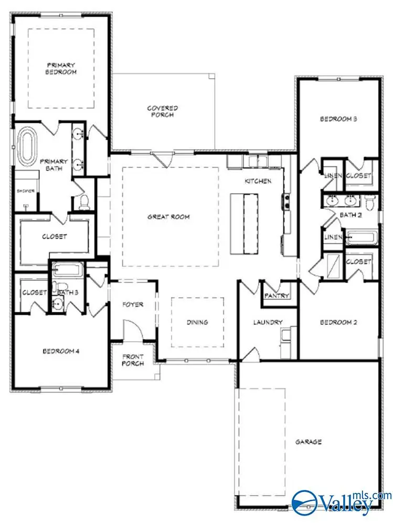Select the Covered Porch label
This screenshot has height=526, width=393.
pyautogui.click(x=162, y=111)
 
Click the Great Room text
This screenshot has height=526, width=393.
pyautogui.click(x=168, y=216)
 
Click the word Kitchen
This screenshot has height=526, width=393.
pyautogui.click(x=258, y=181)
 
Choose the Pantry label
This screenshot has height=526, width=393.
pyautogui.click(x=277, y=296)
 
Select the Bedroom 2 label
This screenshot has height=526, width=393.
pyautogui.click(x=338, y=322)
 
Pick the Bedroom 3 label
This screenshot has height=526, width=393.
pyautogui.click(x=338, y=119)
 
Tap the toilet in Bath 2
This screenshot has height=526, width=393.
pyautogui.click(x=370, y=201)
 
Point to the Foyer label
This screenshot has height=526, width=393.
pyautogui.click(x=132, y=304)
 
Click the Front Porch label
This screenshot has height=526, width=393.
pyautogui.click(x=133, y=360)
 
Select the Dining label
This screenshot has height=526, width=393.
pyautogui.click(x=197, y=322)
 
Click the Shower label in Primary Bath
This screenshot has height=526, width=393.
pyautogui.click(x=25, y=191)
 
